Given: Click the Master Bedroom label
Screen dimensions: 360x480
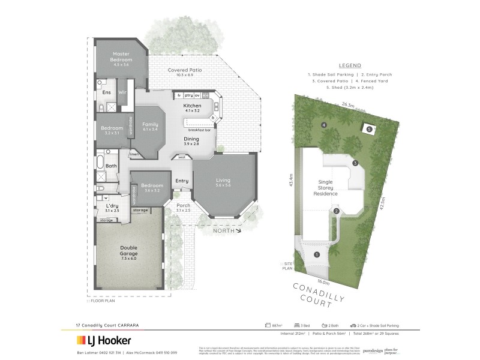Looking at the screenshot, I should point(120,57).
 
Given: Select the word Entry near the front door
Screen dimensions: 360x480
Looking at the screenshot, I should point(182,181).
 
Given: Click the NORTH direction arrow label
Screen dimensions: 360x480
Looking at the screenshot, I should point(223,229).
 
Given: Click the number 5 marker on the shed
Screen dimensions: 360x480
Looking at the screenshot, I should point(370,128).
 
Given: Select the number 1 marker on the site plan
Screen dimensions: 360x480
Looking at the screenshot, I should point(317,254).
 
